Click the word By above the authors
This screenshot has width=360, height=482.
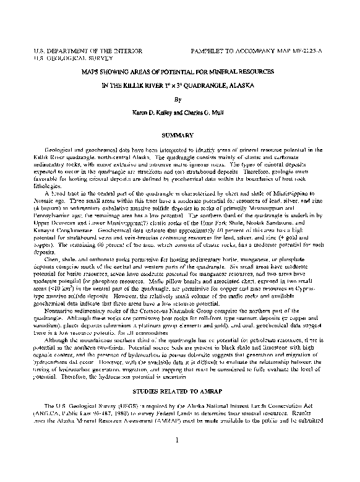[x=178, y=99]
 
